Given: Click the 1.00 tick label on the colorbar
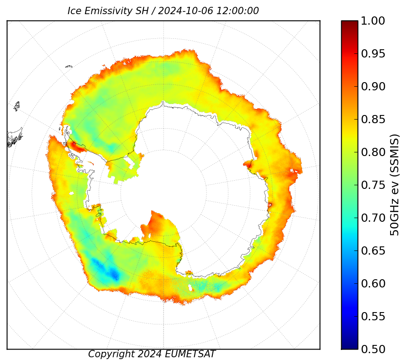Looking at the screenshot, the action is click(373, 21).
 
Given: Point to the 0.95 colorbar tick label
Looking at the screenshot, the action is click(373, 54).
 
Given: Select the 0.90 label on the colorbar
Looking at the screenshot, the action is click(373, 87).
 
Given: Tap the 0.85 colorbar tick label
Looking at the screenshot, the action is click(373, 119).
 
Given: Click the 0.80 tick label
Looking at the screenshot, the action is click(373, 152).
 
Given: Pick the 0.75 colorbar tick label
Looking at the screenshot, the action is click(373, 185).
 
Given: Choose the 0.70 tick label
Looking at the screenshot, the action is click(373, 218).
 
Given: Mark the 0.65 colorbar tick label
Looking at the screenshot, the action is click(373, 251).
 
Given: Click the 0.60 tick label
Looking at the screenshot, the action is click(373, 283).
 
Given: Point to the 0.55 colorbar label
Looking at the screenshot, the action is click(373, 317).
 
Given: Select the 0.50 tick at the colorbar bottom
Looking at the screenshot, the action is click(373, 349).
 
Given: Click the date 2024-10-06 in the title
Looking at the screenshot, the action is click(185, 11).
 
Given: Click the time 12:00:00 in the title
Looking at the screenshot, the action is click(238, 11).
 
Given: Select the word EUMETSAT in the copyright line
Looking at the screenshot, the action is click(190, 354).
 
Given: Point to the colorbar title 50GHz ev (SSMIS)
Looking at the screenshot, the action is click(394, 185).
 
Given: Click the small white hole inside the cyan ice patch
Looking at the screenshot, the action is click(190, 288).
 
